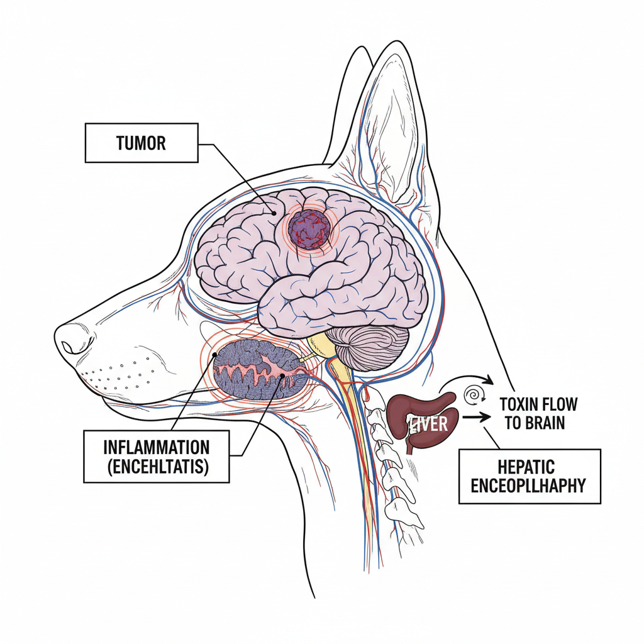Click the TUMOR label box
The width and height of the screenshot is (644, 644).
tap(141, 143)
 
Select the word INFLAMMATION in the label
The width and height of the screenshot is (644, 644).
tap(157, 448)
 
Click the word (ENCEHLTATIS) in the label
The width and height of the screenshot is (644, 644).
tap(157, 467)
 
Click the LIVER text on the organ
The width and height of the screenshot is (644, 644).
tap(430, 423)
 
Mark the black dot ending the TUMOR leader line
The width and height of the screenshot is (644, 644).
tap(274, 213)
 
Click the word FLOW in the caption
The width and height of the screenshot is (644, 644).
tap(558, 404)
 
